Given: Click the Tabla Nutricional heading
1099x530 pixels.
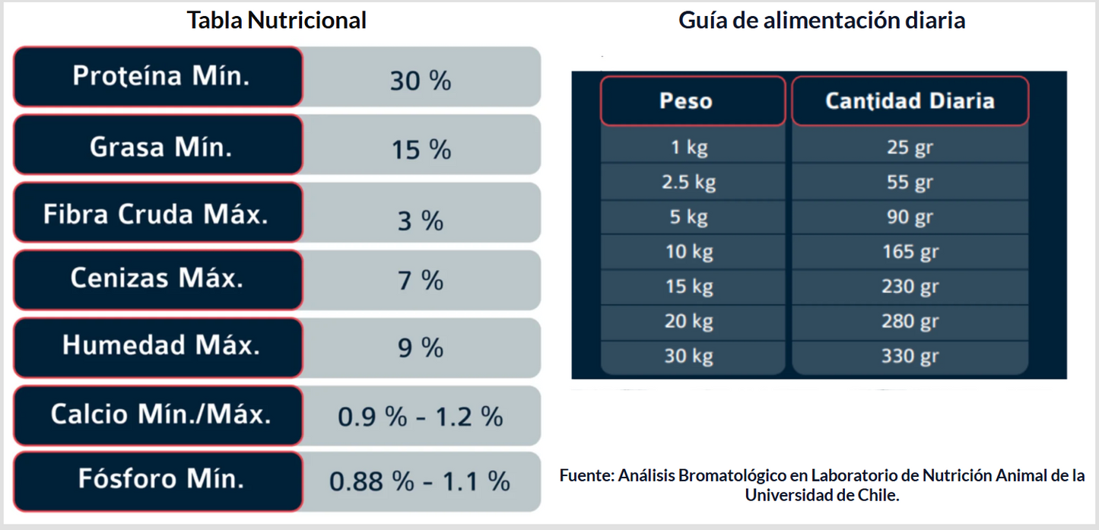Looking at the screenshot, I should (277, 21).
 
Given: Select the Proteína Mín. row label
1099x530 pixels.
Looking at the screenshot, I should (160, 76).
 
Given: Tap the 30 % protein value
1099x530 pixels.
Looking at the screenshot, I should (421, 81).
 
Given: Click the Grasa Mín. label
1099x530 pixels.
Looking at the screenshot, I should (160, 147).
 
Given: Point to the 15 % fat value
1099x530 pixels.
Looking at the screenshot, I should (421, 150).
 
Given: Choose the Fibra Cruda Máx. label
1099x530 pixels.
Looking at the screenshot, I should (156, 214).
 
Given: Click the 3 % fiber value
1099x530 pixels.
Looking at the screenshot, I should (421, 221).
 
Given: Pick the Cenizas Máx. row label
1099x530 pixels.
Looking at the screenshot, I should (157, 278).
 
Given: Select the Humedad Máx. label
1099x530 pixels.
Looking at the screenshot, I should (160, 345).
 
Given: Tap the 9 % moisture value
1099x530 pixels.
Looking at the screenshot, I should (421, 348).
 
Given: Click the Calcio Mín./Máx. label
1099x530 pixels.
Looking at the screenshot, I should (160, 414).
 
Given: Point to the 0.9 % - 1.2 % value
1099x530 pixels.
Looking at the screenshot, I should (421, 417).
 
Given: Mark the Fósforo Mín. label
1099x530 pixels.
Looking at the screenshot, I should (160, 479).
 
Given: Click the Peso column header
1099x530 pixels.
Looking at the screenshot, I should (686, 101).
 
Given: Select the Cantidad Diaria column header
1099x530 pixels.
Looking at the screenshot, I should (910, 101).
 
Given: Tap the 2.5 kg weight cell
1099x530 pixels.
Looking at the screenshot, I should (690, 182).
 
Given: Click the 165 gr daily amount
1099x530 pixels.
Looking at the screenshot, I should (910, 252).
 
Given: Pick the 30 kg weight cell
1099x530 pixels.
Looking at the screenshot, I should (689, 356).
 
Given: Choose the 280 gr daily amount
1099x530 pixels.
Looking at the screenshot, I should (910, 321).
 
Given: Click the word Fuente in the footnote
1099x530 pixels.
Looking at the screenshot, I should (586, 477).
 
